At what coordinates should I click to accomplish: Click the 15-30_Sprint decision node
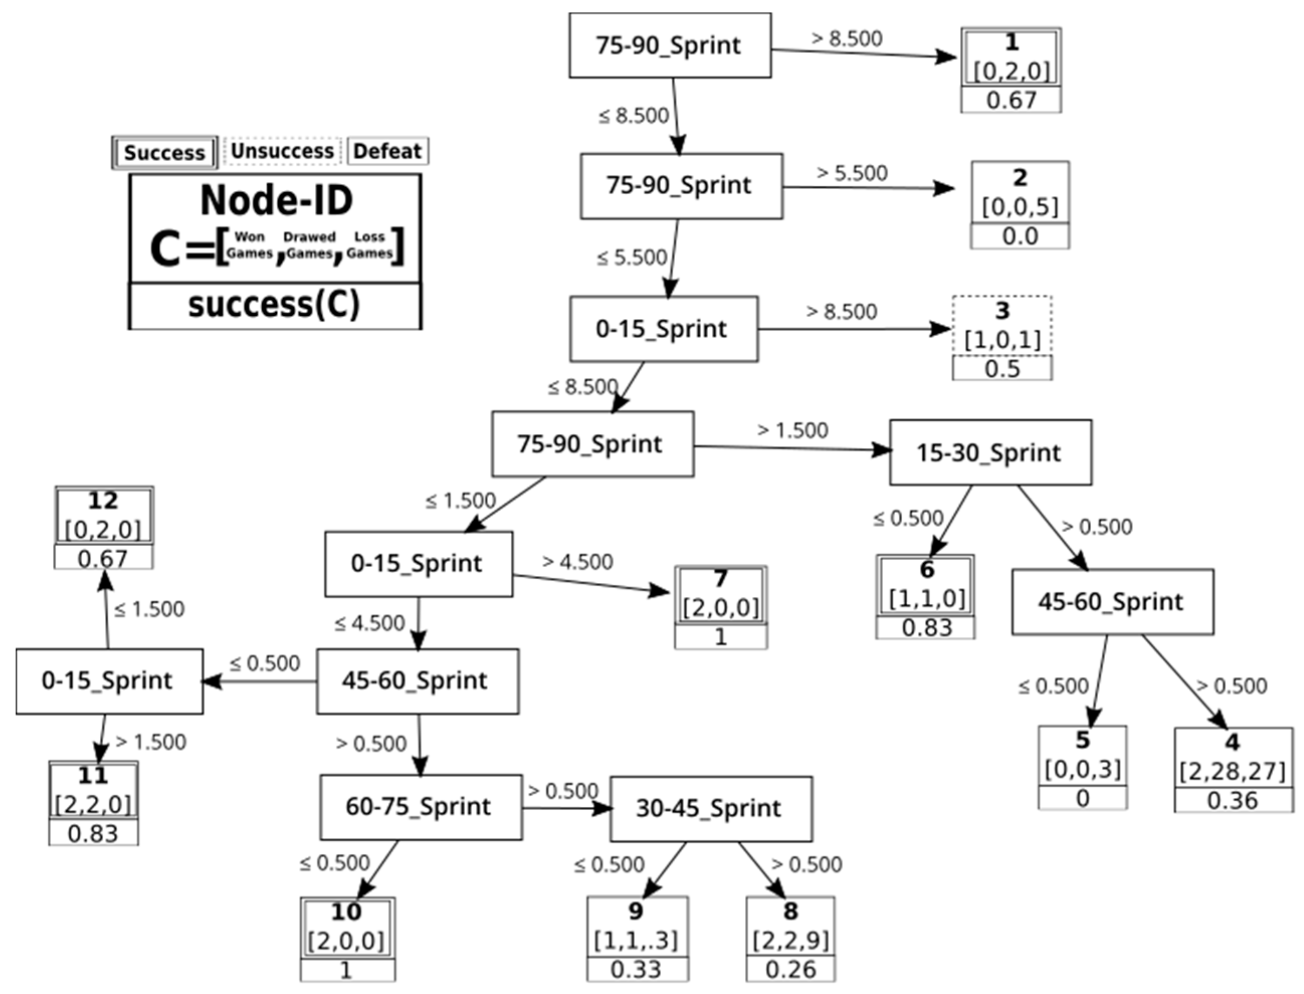tap(990, 453)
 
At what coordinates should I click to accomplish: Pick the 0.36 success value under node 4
tap(1233, 801)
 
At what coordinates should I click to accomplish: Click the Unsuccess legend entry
tap(282, 152)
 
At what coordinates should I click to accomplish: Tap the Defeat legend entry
tap(387, 152)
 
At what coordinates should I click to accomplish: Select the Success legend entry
tap(164, 153)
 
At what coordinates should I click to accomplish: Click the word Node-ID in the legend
tap(276, 201)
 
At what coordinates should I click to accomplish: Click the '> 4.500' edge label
tap(578, 561)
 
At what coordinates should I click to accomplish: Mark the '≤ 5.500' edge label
tap(631, 258)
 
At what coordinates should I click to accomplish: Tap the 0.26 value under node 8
tap(790, 969)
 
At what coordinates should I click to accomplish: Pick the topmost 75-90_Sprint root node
tap(670, 46)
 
